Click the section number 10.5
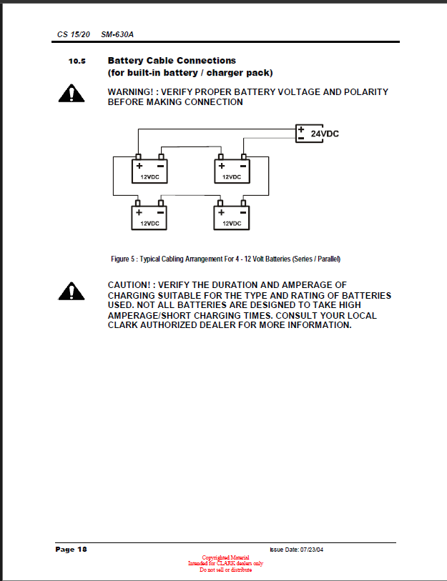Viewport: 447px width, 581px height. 77,61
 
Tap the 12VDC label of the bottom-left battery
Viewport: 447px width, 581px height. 149,223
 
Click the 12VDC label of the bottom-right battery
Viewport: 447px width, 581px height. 232,223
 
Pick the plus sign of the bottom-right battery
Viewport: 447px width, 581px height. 222,212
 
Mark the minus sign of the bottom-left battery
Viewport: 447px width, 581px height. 161,212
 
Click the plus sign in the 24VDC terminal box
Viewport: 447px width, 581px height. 301,129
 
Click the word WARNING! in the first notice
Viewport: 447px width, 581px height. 132,92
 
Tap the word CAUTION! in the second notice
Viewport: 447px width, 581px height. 130,285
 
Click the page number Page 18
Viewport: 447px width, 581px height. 72,549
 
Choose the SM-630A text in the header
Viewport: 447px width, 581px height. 117,34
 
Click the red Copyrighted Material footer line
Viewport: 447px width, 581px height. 225,557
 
